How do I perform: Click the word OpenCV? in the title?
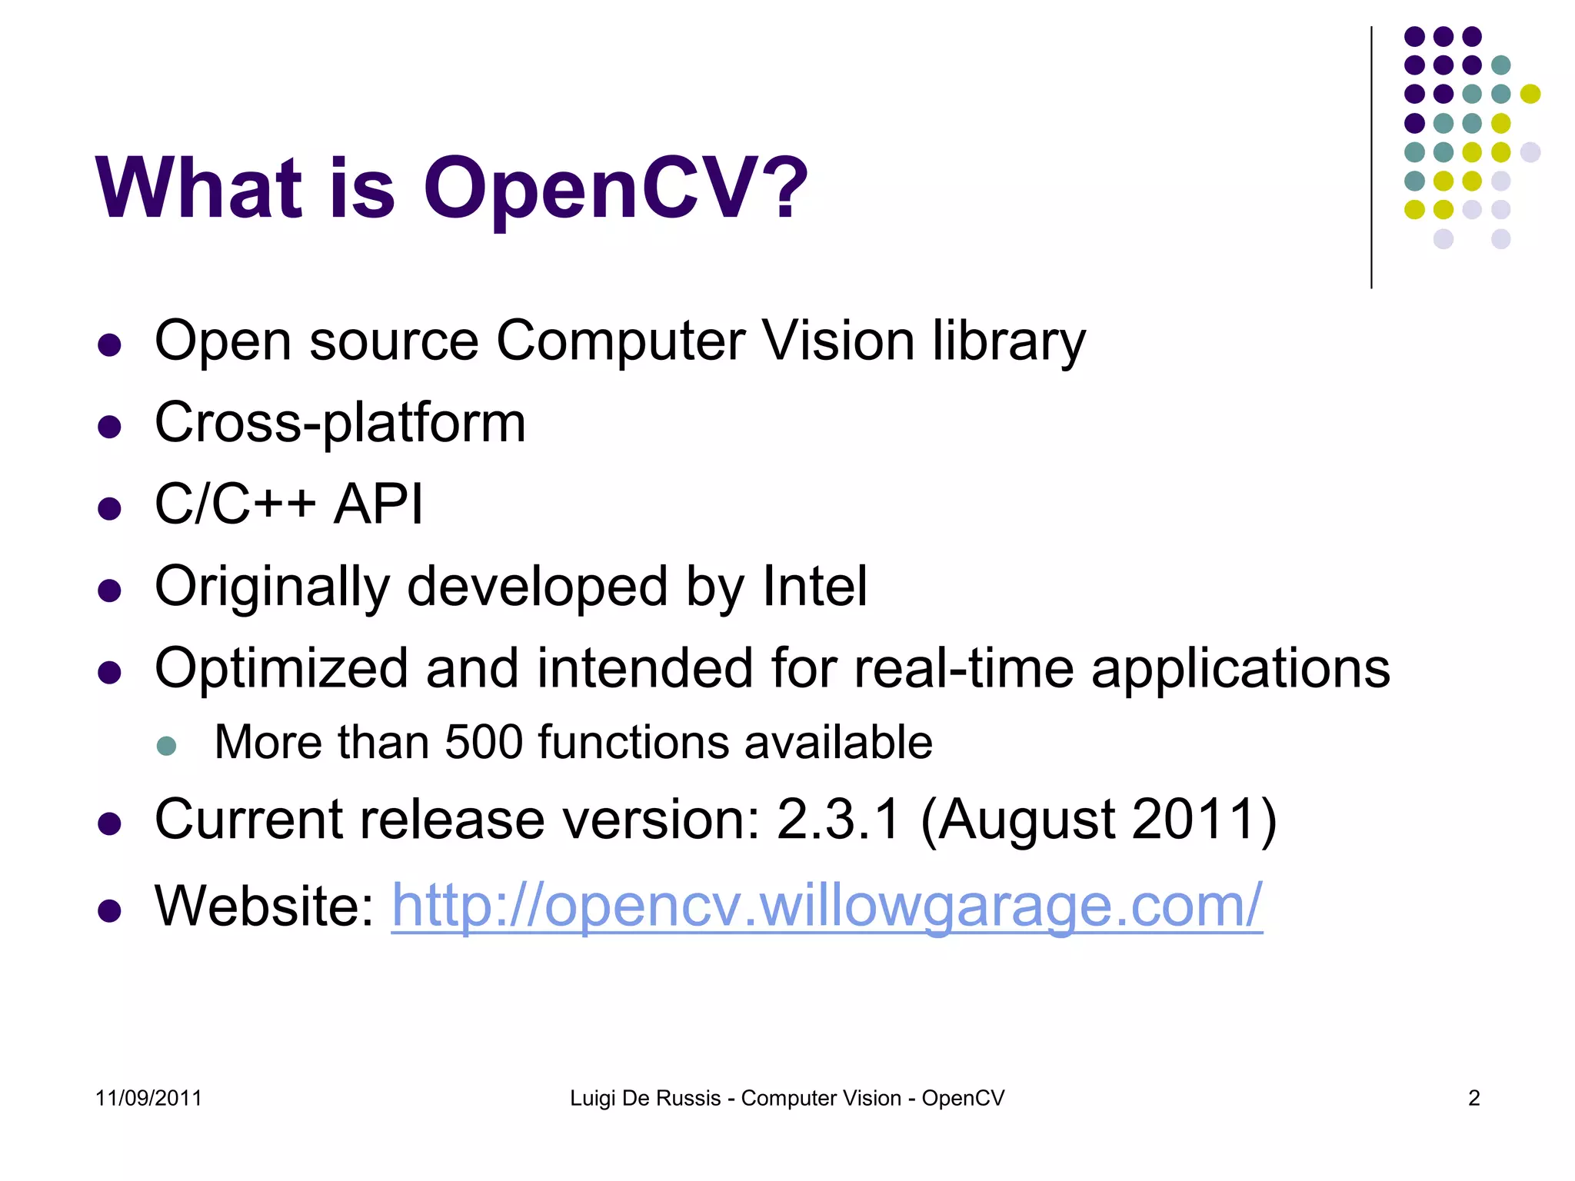[x=615, y=189]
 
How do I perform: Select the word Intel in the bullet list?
[x=815, y=587]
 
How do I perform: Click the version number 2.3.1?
[x=838, y=820]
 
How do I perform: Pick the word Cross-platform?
[x=340, y=423]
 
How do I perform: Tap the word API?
[x=378, y=504]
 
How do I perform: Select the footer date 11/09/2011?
[x=148, y=1098]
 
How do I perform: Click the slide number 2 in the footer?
[x=1473, y=1098]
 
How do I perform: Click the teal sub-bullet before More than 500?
[x=166, y=745]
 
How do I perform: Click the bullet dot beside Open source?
[x=110, y=345]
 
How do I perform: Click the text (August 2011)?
[x=1098, y=820]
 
